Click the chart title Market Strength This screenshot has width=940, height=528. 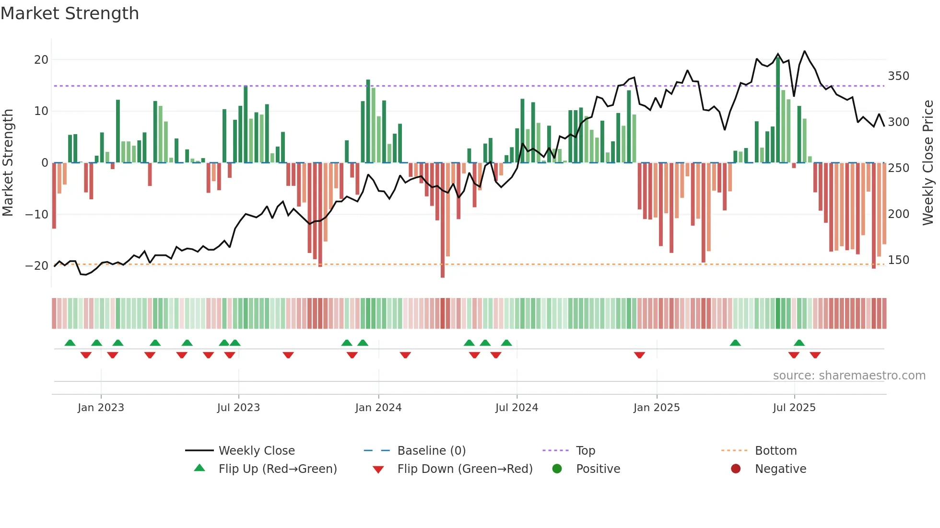click(70, 13)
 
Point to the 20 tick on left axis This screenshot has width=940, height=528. click(41, 60)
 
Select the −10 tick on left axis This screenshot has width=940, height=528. click(37, 214)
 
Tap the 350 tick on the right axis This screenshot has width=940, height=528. click(898, 76)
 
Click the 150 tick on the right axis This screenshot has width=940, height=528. click(898, 260)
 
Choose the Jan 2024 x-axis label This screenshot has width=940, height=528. click(378, 408)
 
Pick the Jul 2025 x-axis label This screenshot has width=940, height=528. click(794, 408)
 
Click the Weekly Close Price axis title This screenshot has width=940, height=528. click(928, 163)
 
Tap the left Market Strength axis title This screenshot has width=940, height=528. click(8, 163)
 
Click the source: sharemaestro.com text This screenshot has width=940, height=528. click(849, 376)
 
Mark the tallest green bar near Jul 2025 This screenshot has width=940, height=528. click(778, 110)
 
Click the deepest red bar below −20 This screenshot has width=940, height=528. click(443, 220)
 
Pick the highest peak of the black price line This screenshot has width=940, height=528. click(805, 51)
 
